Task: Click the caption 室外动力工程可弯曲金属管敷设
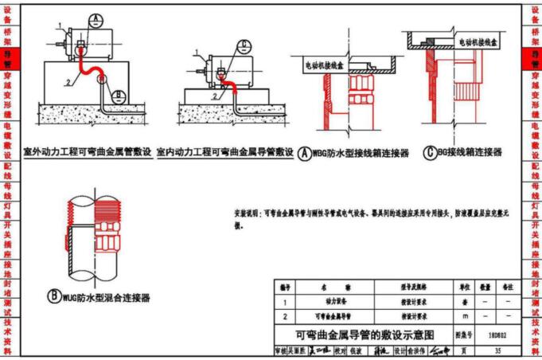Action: (88, 151)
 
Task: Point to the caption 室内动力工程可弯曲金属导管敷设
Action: (225, 151)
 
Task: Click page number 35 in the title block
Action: (497, 350)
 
